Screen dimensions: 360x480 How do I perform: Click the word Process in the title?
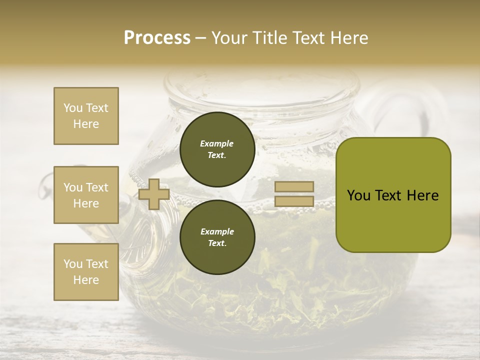point(157,38)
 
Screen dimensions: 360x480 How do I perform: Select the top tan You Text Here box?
point(86,116)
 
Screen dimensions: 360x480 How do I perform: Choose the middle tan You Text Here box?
point(86,195)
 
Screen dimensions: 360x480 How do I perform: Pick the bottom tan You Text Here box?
point(86,272)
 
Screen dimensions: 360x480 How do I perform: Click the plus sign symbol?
point(154,194)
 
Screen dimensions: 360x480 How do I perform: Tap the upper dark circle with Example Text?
point(217,149)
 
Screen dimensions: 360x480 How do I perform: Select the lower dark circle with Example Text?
point(217,237)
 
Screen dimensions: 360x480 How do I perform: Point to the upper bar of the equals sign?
point(294,186)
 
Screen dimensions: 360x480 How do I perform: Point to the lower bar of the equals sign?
point(294,201)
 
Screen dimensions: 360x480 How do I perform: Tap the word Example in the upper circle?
point(217,143)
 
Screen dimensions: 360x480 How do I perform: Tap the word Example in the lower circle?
point(217,231)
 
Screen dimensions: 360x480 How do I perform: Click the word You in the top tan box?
point(73,108)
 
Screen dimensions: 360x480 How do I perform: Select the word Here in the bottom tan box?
point(86,280)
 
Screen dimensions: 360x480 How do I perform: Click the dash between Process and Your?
point(201,38)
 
